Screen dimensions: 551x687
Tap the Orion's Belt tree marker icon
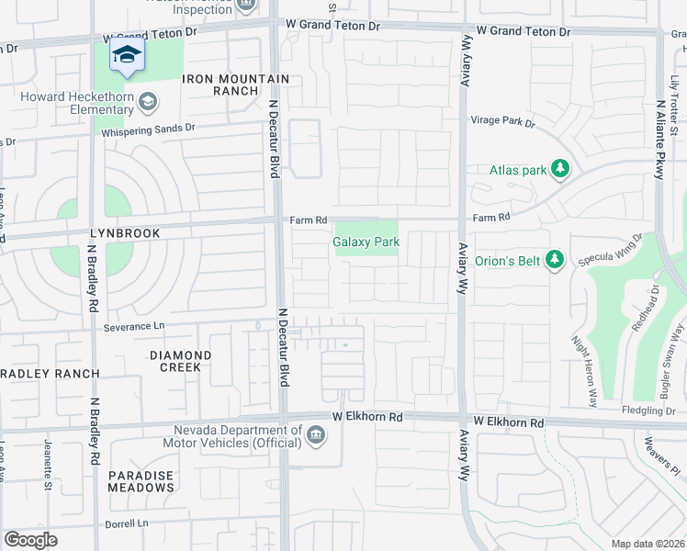click(x=554, y=260)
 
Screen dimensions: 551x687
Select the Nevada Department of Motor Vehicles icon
click(x=316, y=434)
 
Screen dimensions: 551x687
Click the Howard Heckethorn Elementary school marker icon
click(x=148, y=102)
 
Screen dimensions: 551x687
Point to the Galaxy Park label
click(x=366, y=242)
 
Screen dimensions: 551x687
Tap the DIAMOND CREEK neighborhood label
click(x=180, y=361)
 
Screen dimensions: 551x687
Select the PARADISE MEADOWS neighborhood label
click(x=141, y=481)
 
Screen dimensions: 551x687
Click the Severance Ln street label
click(x=133, y=326)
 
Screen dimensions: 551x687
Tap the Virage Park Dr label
click(x=502, y=120)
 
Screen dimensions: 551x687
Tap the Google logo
click(x=30, y=540)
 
